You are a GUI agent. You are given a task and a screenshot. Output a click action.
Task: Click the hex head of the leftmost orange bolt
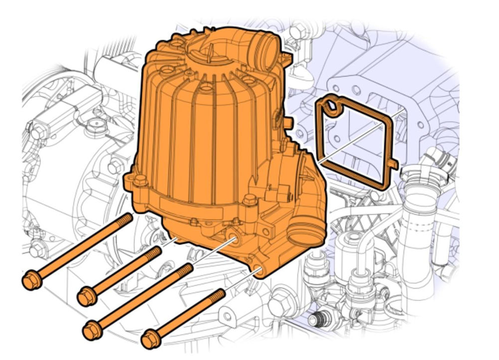pyautogui.click(x=31, y=279)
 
